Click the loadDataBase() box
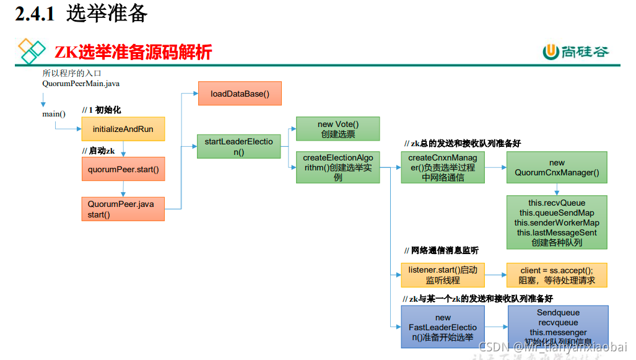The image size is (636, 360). pyautogui.click(x=240, y=94)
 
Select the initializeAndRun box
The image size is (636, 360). pyautogui.click(x=123, y=129)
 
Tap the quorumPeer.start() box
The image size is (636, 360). pyautogui.click(x=123, y=169)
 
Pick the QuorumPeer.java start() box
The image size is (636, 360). pyautogui.click(x=123, y=209)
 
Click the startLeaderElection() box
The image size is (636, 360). pyautogui.click(x=238, y=147)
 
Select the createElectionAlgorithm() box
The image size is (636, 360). pyautogui.click(x=338, y=167)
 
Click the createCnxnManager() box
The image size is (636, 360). pyautogui.click(x=442, y=167)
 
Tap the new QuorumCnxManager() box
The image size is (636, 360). pyautogui.click(x=557, y=167)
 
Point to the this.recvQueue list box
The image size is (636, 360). pyautogui.click(x=557, y=222)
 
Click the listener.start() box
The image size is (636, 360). pyautogui.click(x=442, y=275)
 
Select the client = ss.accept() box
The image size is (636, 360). pyautogui.click(x=557, y=275)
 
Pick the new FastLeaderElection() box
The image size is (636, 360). pyautogui.click(x=442, y=327)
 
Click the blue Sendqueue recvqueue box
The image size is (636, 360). pyautogui.click(x=557, y=327)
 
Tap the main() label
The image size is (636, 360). pyautogui.click(x=54, y=114)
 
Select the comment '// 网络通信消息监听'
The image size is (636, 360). pyautogui.click(x=441, y=250)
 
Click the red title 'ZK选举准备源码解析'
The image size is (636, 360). pyautogui.click(x=133, y=52)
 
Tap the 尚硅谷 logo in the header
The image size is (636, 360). pyautogui.click(x=576, y=52)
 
